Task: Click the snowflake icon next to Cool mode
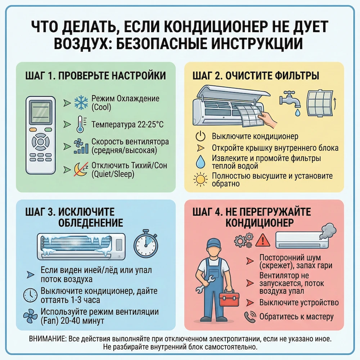81,102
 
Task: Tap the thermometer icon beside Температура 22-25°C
80,125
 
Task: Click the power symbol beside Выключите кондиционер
200,137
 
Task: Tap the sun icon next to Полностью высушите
200,180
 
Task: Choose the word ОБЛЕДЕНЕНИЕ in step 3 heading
91,222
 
